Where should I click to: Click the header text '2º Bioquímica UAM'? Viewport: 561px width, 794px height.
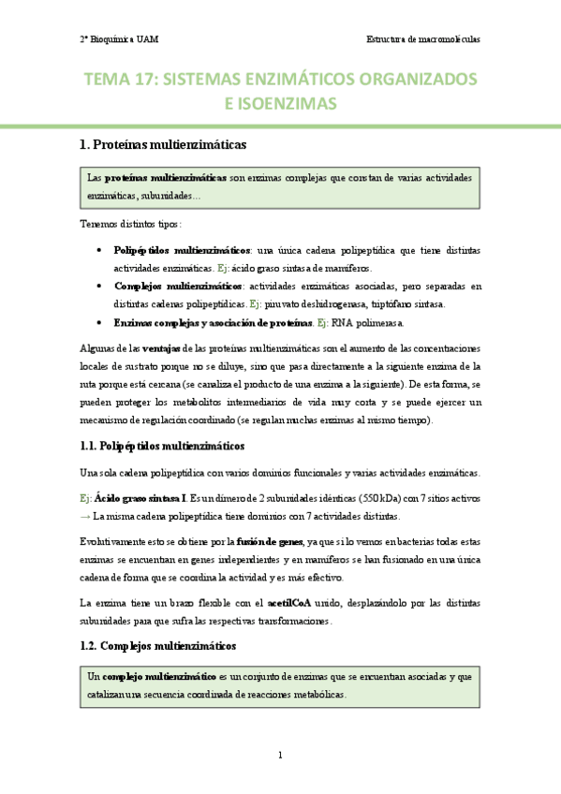[x=120, y=40]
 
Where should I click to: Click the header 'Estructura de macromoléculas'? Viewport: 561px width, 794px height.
[x=422, y=40]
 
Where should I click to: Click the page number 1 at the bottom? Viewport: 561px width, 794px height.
[x=280, y=756]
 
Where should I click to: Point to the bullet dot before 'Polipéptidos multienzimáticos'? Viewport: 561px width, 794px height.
[x=100, y=251]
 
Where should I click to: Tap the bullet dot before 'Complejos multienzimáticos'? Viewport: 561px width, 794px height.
[x=100, y=287]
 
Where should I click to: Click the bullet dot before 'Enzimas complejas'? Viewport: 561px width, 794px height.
[x=100, y=322]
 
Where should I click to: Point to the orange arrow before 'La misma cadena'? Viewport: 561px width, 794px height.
[x=85, y=516]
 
